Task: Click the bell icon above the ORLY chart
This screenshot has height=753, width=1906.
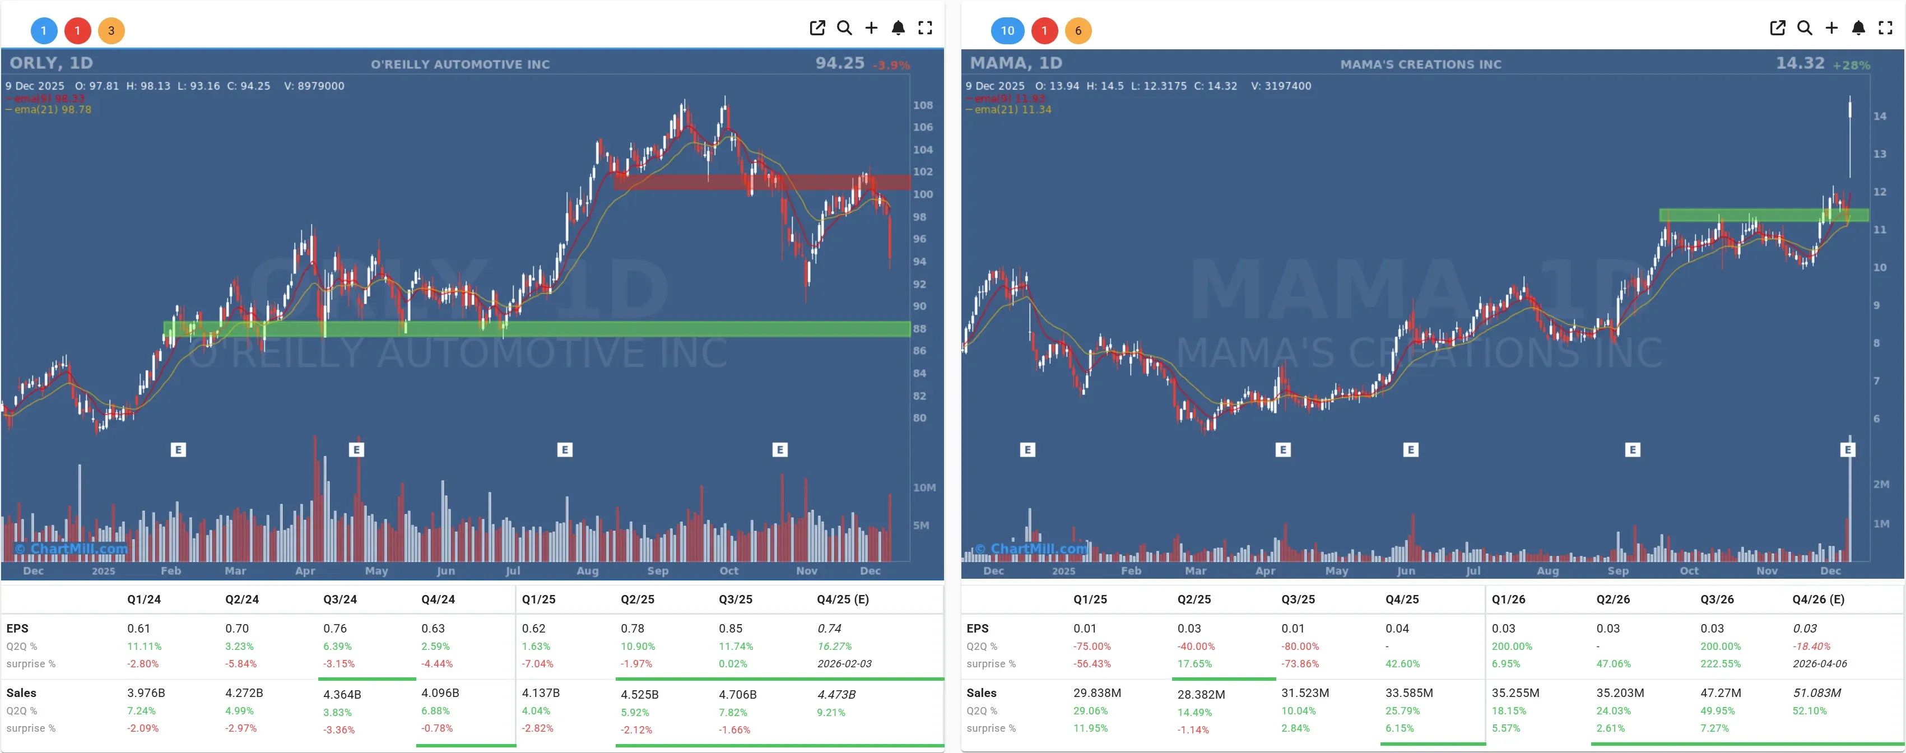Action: (898, 28)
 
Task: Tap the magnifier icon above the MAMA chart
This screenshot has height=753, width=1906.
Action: (1805, 28)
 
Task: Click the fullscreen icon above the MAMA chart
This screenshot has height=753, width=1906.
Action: (1885, 28)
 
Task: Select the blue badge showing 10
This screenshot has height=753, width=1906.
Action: (1007, 30)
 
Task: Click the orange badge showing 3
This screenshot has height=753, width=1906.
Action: (111, 30)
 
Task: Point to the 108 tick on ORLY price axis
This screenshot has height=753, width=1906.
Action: (923, 105)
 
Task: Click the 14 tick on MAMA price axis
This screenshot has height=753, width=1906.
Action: (1879, 116)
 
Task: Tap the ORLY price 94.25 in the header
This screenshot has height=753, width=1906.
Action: (840, 64)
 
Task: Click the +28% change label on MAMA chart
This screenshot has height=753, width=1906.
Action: (1851, 65)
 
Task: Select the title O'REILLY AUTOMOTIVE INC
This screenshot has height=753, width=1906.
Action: (460, 64)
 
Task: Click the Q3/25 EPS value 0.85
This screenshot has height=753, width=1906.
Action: (730, 628)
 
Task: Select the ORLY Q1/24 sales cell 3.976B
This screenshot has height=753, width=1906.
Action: (146, 692)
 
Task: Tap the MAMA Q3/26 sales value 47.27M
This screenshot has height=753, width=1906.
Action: (1721, 692)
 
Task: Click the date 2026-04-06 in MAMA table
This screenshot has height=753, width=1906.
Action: (1819, 663)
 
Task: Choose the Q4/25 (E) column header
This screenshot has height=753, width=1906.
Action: (843, 599)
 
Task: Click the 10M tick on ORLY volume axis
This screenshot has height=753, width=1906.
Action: (924, 487)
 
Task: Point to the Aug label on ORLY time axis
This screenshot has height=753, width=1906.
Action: (588, 570)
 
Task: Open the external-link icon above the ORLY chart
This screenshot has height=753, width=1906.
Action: (817, 28)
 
